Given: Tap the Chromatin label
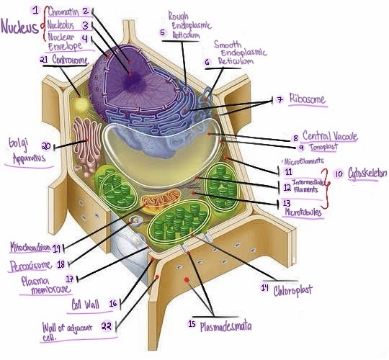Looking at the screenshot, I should click(x=63, y=11).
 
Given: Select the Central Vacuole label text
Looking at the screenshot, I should click(x=330, y=135).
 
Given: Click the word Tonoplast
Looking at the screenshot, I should click(x=322, y=146).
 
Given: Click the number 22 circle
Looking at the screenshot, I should click(x=107, y=325).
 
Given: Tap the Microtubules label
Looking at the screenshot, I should click(x=303, y=213).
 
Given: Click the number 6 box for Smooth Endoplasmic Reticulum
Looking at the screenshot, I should click(x=207, y=63).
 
